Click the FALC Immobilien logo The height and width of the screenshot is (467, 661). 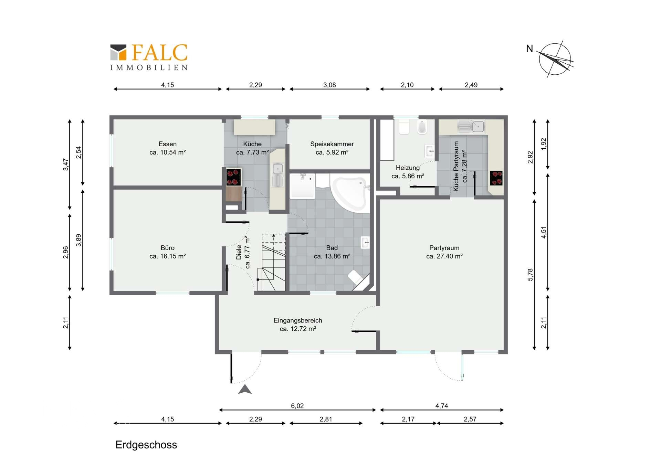[149, 57]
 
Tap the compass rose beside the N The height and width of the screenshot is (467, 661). [555, 59]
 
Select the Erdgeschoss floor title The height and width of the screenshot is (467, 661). [146, 445]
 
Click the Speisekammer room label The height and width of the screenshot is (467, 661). [332, 144]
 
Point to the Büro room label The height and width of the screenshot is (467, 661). [168, 248]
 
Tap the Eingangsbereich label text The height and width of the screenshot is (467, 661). [298, 320]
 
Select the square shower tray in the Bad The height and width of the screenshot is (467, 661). [302, 186]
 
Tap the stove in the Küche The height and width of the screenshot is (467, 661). [233, 177]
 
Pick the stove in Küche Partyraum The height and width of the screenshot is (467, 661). [496, 178]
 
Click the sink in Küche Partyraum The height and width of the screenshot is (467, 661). [471, 127]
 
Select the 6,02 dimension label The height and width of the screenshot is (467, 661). [297, 406]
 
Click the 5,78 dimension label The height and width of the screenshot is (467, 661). [530, 275]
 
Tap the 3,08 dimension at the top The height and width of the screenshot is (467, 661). [329, 85]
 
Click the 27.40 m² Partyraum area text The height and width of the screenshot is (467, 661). [444, 256]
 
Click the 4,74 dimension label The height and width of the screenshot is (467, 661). [442, 406]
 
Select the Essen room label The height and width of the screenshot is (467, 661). [168, 144]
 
